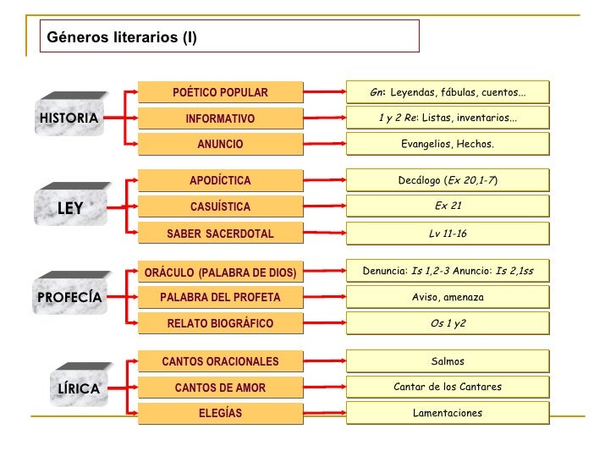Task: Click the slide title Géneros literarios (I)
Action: (123, 37)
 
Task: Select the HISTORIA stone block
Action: (69, 118)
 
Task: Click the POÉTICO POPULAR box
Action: (220, 92)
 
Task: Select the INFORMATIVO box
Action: (220, 118)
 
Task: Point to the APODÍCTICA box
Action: (220, 180)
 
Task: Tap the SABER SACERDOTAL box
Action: (220, 234)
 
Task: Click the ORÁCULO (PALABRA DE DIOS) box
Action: (220, 272)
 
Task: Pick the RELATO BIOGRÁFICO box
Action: (220, 323)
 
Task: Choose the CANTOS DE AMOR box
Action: (220, 388)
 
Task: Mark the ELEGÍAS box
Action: (220, 413)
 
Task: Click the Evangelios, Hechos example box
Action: (447, 144)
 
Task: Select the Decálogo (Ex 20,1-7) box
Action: (447, 180)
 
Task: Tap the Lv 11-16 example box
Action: (447, 234)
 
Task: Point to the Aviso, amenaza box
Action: (447, 297)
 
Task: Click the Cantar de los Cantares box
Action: (447, 387)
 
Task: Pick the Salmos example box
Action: (447, 361)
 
